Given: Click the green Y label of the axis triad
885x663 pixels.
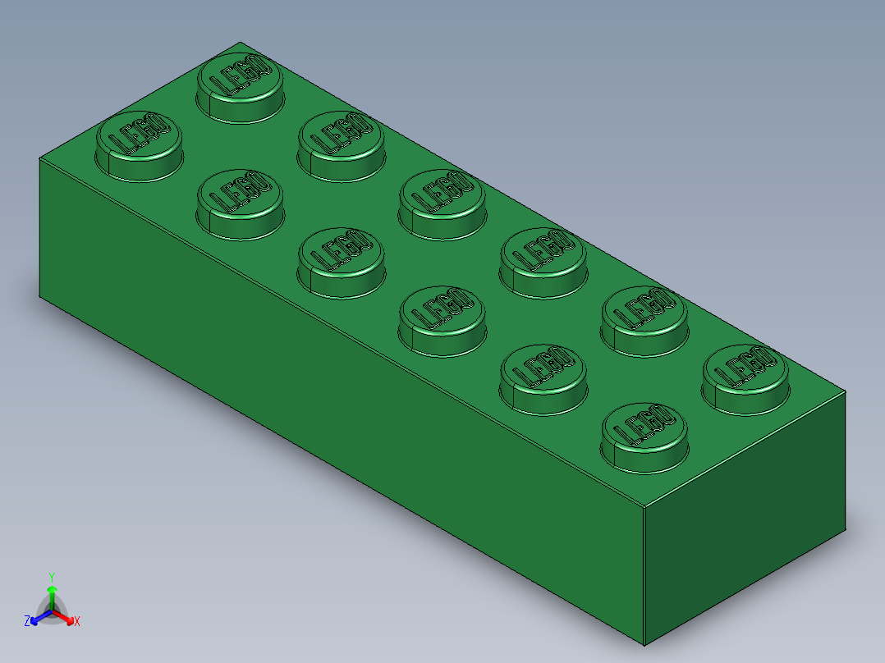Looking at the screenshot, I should pos(52,577).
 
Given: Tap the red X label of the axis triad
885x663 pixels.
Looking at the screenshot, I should pos(77,621).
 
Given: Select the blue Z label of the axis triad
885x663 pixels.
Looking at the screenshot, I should pos(27,621).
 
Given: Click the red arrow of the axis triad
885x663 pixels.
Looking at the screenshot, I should pos(67,618).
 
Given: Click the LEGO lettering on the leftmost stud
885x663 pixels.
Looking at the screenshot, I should pos(139,134).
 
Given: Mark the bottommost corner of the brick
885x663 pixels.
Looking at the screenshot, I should pos(644,645).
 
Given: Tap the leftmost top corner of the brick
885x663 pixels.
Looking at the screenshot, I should pos(40,158).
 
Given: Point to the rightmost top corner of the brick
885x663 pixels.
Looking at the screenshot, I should pos(846,391).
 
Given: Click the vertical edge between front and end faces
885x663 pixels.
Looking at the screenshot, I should pos(644,574).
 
